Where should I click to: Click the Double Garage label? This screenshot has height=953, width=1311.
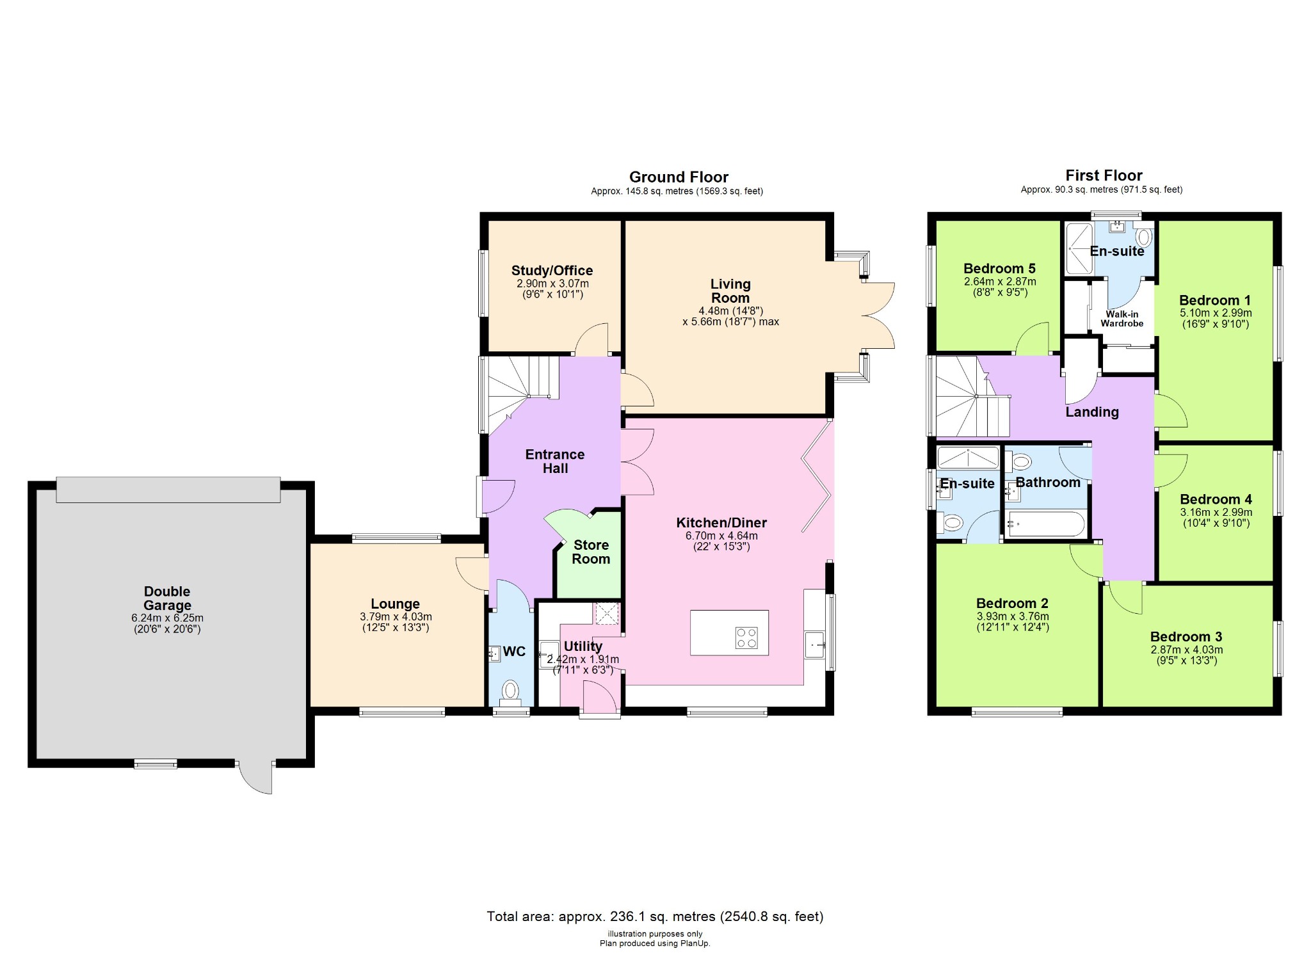pyautogui.click(x=167, y=598)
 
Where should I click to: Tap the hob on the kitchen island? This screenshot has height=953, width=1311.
pyautogui.click(x=746, y=637)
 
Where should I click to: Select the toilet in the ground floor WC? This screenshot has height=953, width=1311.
pyautogui.click(x=510, y=691)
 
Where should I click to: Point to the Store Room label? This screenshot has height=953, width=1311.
pyautogui.click(x=591, y=552)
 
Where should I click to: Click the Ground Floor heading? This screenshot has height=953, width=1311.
pyautogui.click(x=679, y=177)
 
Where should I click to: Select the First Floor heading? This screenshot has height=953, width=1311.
pyautogui.click(x=1104, y=175)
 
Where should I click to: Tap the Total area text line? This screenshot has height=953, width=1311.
pyautogui.click(x=654, y=917)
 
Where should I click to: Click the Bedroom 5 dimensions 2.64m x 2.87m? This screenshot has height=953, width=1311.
pyautogui.click(x=1000, y=282)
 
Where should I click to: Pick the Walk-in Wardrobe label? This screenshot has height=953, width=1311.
pyautogui.click(x=1122, y=319)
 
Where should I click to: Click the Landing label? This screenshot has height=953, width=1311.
pyautogui.click(x=1091, y=412)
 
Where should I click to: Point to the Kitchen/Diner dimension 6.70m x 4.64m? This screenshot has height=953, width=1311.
pyautogui.click(x=721, y=536)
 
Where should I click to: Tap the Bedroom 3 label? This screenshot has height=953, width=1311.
pyautogui.click(x=1186, y=637)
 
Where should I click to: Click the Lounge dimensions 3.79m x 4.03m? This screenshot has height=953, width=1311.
pyautogui.click(x=396, y=617)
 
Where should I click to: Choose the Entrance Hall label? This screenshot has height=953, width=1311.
pyautogui.click(x=555, y=461)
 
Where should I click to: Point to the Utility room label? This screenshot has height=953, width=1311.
pyautogui.click(x=582, y=646)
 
